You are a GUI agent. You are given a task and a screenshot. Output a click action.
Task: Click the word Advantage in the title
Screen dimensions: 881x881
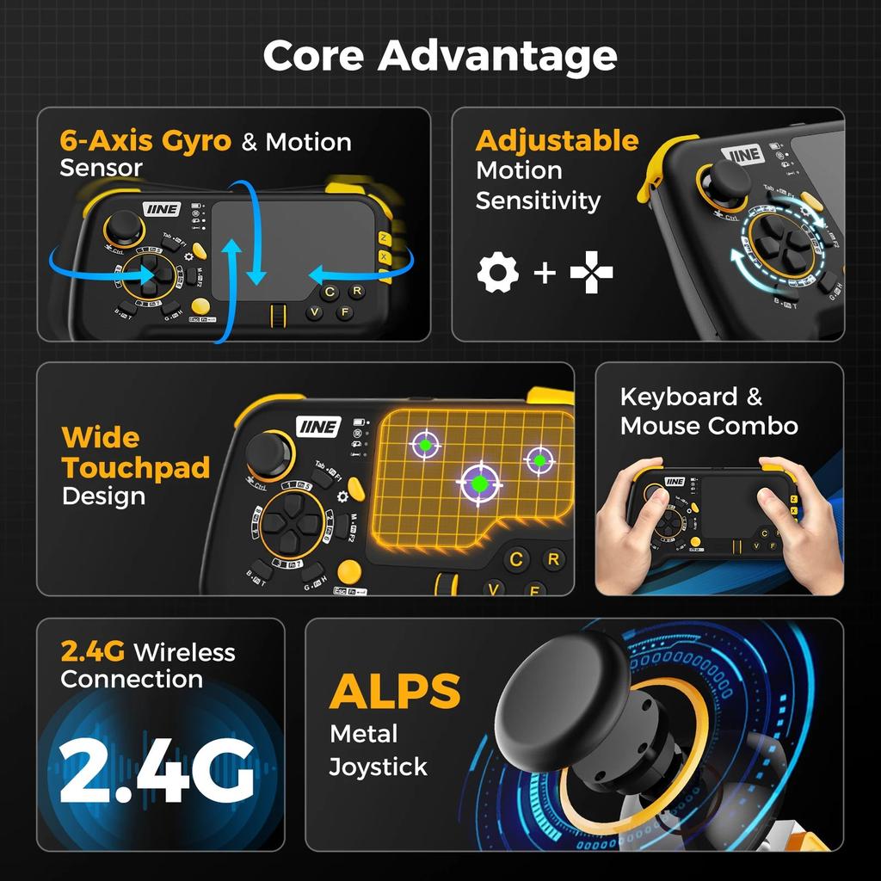497,57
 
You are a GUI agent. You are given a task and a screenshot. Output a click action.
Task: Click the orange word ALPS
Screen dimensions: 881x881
395,691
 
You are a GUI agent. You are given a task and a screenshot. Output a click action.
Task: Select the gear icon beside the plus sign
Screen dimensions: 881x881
498,274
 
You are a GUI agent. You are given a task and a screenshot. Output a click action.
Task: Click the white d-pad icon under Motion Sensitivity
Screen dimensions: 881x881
592,274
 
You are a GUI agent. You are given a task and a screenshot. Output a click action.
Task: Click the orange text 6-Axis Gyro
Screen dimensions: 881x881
145,141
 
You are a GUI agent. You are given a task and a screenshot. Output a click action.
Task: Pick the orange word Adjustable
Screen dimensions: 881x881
557,140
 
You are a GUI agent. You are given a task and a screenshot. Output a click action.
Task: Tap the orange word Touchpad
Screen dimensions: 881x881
136,468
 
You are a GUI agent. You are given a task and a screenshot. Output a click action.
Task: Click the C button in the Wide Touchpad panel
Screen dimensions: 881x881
516,560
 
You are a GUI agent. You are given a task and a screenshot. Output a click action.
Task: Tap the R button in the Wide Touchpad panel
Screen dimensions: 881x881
554,560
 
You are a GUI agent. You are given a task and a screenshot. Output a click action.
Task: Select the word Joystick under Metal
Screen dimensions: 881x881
378,766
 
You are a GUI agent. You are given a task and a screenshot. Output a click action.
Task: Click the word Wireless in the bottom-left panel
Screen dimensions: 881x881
184,652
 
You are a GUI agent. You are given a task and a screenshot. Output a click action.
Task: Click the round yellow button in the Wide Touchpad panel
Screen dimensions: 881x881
348,571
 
